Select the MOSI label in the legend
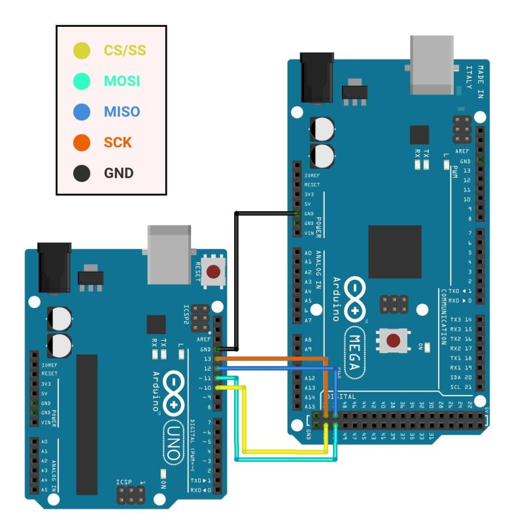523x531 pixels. click(122, 81)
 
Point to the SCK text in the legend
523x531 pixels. click(118, 142)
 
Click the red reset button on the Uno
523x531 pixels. click(212, 271)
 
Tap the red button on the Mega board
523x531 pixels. click(394, 341)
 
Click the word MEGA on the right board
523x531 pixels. click(357, 353)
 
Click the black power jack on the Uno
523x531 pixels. click(54, 267)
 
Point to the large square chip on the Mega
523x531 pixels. click(395, 252)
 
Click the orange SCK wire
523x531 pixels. click(275, 358)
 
